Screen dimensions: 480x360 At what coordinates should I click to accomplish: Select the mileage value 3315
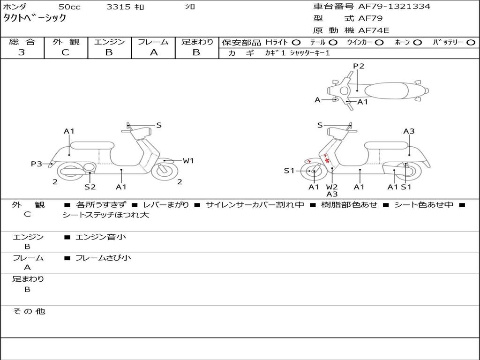tap(118, 7)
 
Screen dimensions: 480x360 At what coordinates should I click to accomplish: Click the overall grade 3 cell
tap(22, 52)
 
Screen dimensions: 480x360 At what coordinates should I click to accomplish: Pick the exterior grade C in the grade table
tap(66, 52)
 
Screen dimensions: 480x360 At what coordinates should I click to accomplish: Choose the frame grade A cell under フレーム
tap(153, 52)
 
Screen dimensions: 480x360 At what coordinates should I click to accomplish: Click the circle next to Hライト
tap(296, 42)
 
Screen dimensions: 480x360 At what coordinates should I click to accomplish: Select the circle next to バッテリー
tap(471, 42)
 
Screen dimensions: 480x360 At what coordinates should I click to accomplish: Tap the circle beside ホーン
tap(418, 42)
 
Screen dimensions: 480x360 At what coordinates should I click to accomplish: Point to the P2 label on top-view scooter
tap(359, 66)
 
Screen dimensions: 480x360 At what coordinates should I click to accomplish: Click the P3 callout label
tap(37, 164)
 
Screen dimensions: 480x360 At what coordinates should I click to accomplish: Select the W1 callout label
tap(188, 161)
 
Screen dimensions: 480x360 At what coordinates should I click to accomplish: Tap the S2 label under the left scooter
tap(90, 187)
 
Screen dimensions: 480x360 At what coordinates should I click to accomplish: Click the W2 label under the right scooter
tap(332, 187)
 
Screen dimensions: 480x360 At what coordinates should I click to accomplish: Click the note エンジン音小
tap(101, 237)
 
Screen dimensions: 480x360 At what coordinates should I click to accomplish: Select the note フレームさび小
tap(103, 258)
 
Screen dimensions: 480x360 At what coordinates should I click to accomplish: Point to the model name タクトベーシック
tap(35, 18)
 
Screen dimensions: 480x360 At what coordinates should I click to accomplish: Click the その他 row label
tap(29, 311)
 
